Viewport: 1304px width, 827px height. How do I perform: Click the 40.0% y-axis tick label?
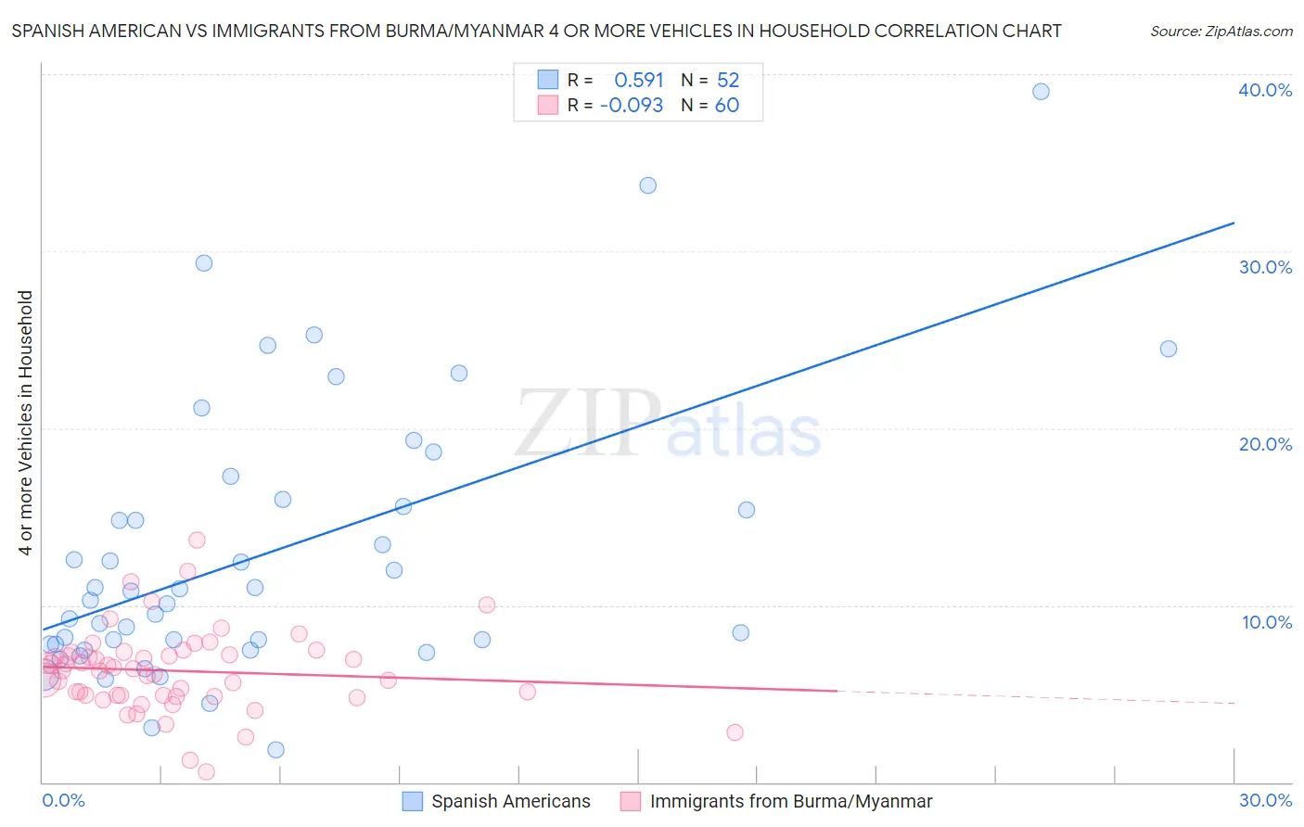pyautogui.click(x=1264, y=90)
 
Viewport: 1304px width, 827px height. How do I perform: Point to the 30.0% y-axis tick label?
pyautogui.click(x=1264, y=267)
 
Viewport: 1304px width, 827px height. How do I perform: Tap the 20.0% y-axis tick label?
pyautogui.click(x=1264, y=444)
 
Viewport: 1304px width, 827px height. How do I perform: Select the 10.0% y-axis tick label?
pyautogui.click(x=1266, y=622)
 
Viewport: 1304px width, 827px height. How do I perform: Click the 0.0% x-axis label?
pyautogui.click(x=63, y=800)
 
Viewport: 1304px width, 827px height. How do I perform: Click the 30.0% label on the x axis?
pyautogui.click(x=1265, y=800)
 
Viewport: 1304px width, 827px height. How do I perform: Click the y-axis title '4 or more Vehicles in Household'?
pyautogui.click(x=25, y=423)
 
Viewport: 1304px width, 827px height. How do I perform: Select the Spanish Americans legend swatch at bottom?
pyautogui.click(x=413, y=801)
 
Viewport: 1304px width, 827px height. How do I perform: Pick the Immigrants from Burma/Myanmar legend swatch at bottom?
pyautogui.click(x=631, y=801)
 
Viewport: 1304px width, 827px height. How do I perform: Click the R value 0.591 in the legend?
pyautogui.click(x=638, y=81)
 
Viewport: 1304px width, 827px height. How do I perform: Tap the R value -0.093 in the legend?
pyautogui.click(x=632, y=106)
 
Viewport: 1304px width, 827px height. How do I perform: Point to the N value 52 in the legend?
pyautogui.click(x=728, y=81)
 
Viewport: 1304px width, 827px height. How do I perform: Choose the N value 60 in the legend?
pyautogui.click(x=727, y=106)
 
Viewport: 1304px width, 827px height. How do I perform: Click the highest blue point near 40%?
pyautogui.click(x=1041, y=92)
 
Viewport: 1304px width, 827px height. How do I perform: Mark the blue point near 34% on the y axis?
pyautogui.click(x=648, y=185)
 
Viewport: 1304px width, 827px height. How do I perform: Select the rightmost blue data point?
pyautogui.click(x=1169, y=350)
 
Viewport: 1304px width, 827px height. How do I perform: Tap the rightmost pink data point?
pyautogui.click(x=735, y=732)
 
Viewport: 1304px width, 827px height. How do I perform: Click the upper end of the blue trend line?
pyautogui.click(x=1234, y=223)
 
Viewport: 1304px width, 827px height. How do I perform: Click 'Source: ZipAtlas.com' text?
pyautogui.click(x=1221, y=32)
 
